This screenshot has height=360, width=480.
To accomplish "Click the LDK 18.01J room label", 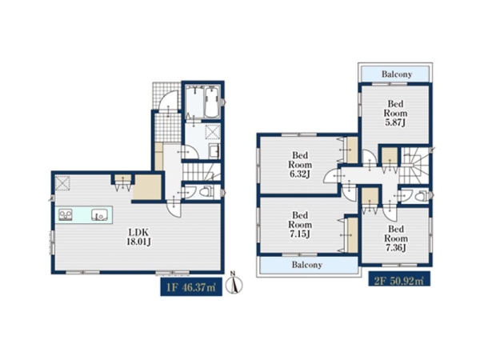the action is pyautogui.click(x=138, y=238).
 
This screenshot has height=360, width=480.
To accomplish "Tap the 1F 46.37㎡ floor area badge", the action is pyautogui.click(x=191, y=288).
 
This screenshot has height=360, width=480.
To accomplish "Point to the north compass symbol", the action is pyautogui.click(x=234, y=283).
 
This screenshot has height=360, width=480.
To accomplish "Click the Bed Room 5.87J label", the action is pyautogui.click(x=395, y=114).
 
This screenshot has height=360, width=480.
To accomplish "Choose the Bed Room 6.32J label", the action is pyautogui.click(x=300, y=165).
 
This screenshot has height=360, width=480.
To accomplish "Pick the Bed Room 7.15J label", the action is pyautogui.click(x=300, y=224).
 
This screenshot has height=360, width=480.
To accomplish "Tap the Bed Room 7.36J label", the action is pyautogui.click(x=396, y=238).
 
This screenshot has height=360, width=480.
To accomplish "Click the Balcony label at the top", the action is pyautogui.click(x=397, y=74).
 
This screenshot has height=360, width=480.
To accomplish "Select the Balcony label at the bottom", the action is pyautogui.click(x=306, y=265).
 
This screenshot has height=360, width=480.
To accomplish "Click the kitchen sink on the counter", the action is pyautogui.click(x=99, y=214).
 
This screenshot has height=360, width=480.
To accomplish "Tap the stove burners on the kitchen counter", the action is pyautogui.click(x=66, y=214).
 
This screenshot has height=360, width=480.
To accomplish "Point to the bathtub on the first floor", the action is pyautogui.click(x=211, y=102).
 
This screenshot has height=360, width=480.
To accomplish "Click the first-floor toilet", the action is pyautogui.click(x=206, y=192).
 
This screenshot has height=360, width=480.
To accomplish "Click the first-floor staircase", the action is pyautogui.click(x=201, y=172).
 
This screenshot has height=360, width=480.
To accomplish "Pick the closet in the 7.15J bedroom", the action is pyautogui.click(x=353, y=234).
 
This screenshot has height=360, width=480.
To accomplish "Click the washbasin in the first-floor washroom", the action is pyautogui.click(x=214, y=151).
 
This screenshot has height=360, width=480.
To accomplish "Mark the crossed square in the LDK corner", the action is pyautogui.click(x=62, y=182).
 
